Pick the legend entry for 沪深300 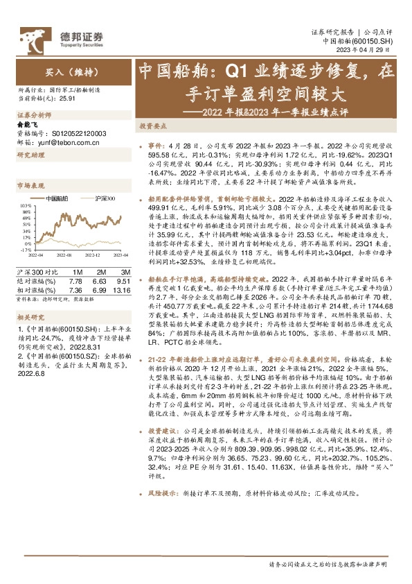(102, 198)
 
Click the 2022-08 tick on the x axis (62, 255)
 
